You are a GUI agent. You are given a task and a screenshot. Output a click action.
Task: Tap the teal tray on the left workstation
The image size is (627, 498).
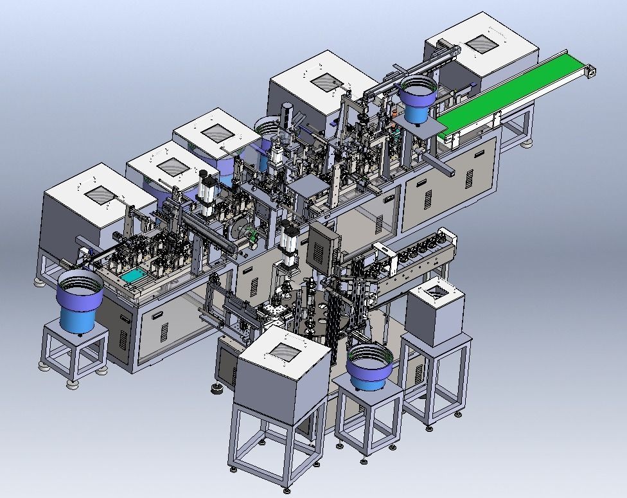pos(136,277)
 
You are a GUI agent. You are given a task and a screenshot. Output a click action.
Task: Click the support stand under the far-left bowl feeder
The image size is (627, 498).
pos(74,353)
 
